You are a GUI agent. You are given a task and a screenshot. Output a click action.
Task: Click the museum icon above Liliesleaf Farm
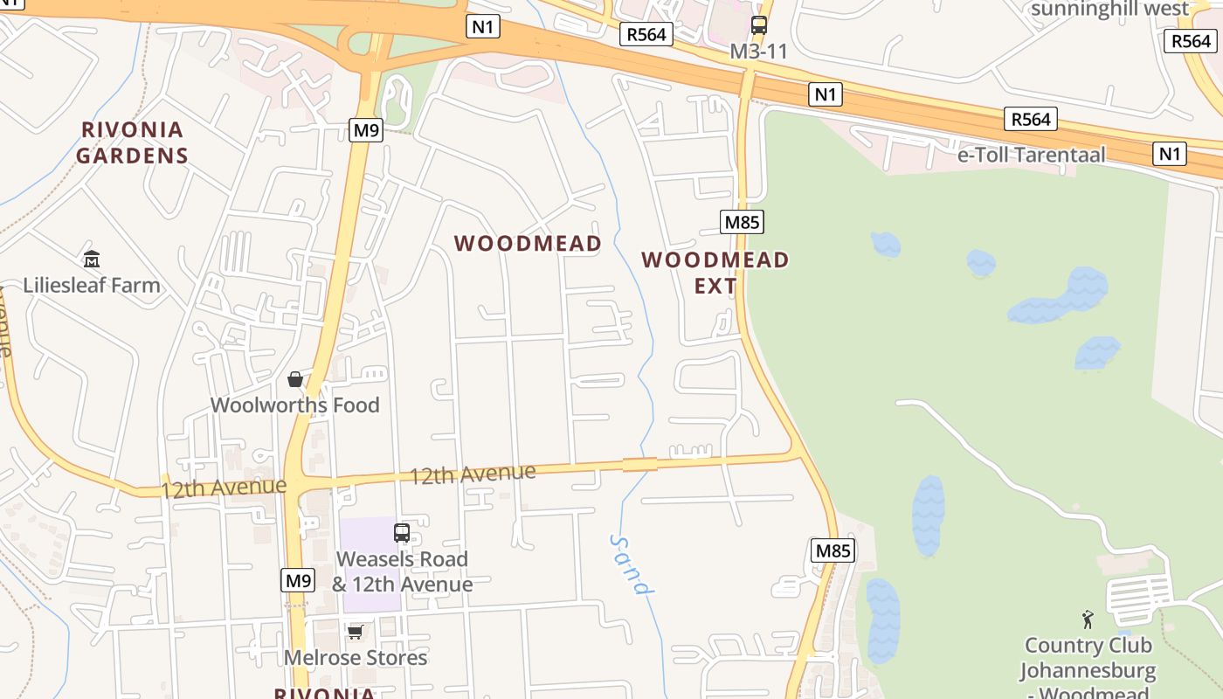click(x=92, y=259)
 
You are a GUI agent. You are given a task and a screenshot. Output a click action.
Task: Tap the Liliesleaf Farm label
click(x=92, y=285)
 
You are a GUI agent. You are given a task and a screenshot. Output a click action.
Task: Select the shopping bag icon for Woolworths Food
click(x=295, y=379)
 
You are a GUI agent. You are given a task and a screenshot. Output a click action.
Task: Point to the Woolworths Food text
click(x=295, y=405)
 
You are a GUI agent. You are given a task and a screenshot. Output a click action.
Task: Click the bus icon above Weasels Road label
click(x=402, y=532)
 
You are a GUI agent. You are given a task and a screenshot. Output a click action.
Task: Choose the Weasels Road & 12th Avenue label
click(x=402, y=571)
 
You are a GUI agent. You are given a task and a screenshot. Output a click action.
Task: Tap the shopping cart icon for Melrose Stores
click(x=355, y=632)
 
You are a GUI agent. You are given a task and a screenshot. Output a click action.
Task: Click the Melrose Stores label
click(x=356, y=657)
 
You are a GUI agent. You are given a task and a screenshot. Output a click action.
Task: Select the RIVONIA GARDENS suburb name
click(x=132, y=143)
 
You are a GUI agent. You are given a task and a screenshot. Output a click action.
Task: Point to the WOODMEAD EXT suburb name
click(x=715, y=273)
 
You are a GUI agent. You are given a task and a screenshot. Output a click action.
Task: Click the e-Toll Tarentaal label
click(x=1032, y=156)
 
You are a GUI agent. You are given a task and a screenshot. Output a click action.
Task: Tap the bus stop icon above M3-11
click(x=759, y=25)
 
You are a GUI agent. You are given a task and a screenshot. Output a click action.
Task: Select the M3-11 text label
click(x=759, y=52)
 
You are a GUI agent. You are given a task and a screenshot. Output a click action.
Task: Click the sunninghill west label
click(x=1109, y=9)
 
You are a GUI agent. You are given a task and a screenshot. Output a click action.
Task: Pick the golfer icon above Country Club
click(x=1088, y=620)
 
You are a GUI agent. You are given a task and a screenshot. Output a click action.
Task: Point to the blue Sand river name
click(x=632, y=564)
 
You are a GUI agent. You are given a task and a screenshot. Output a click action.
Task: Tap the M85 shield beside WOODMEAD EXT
click(x=742, y=222)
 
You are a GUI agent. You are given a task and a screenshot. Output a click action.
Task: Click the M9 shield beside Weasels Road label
click(x=298, y=579)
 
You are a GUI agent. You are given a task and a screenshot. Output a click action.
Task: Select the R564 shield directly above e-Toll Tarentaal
click(x=1031, y=119)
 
